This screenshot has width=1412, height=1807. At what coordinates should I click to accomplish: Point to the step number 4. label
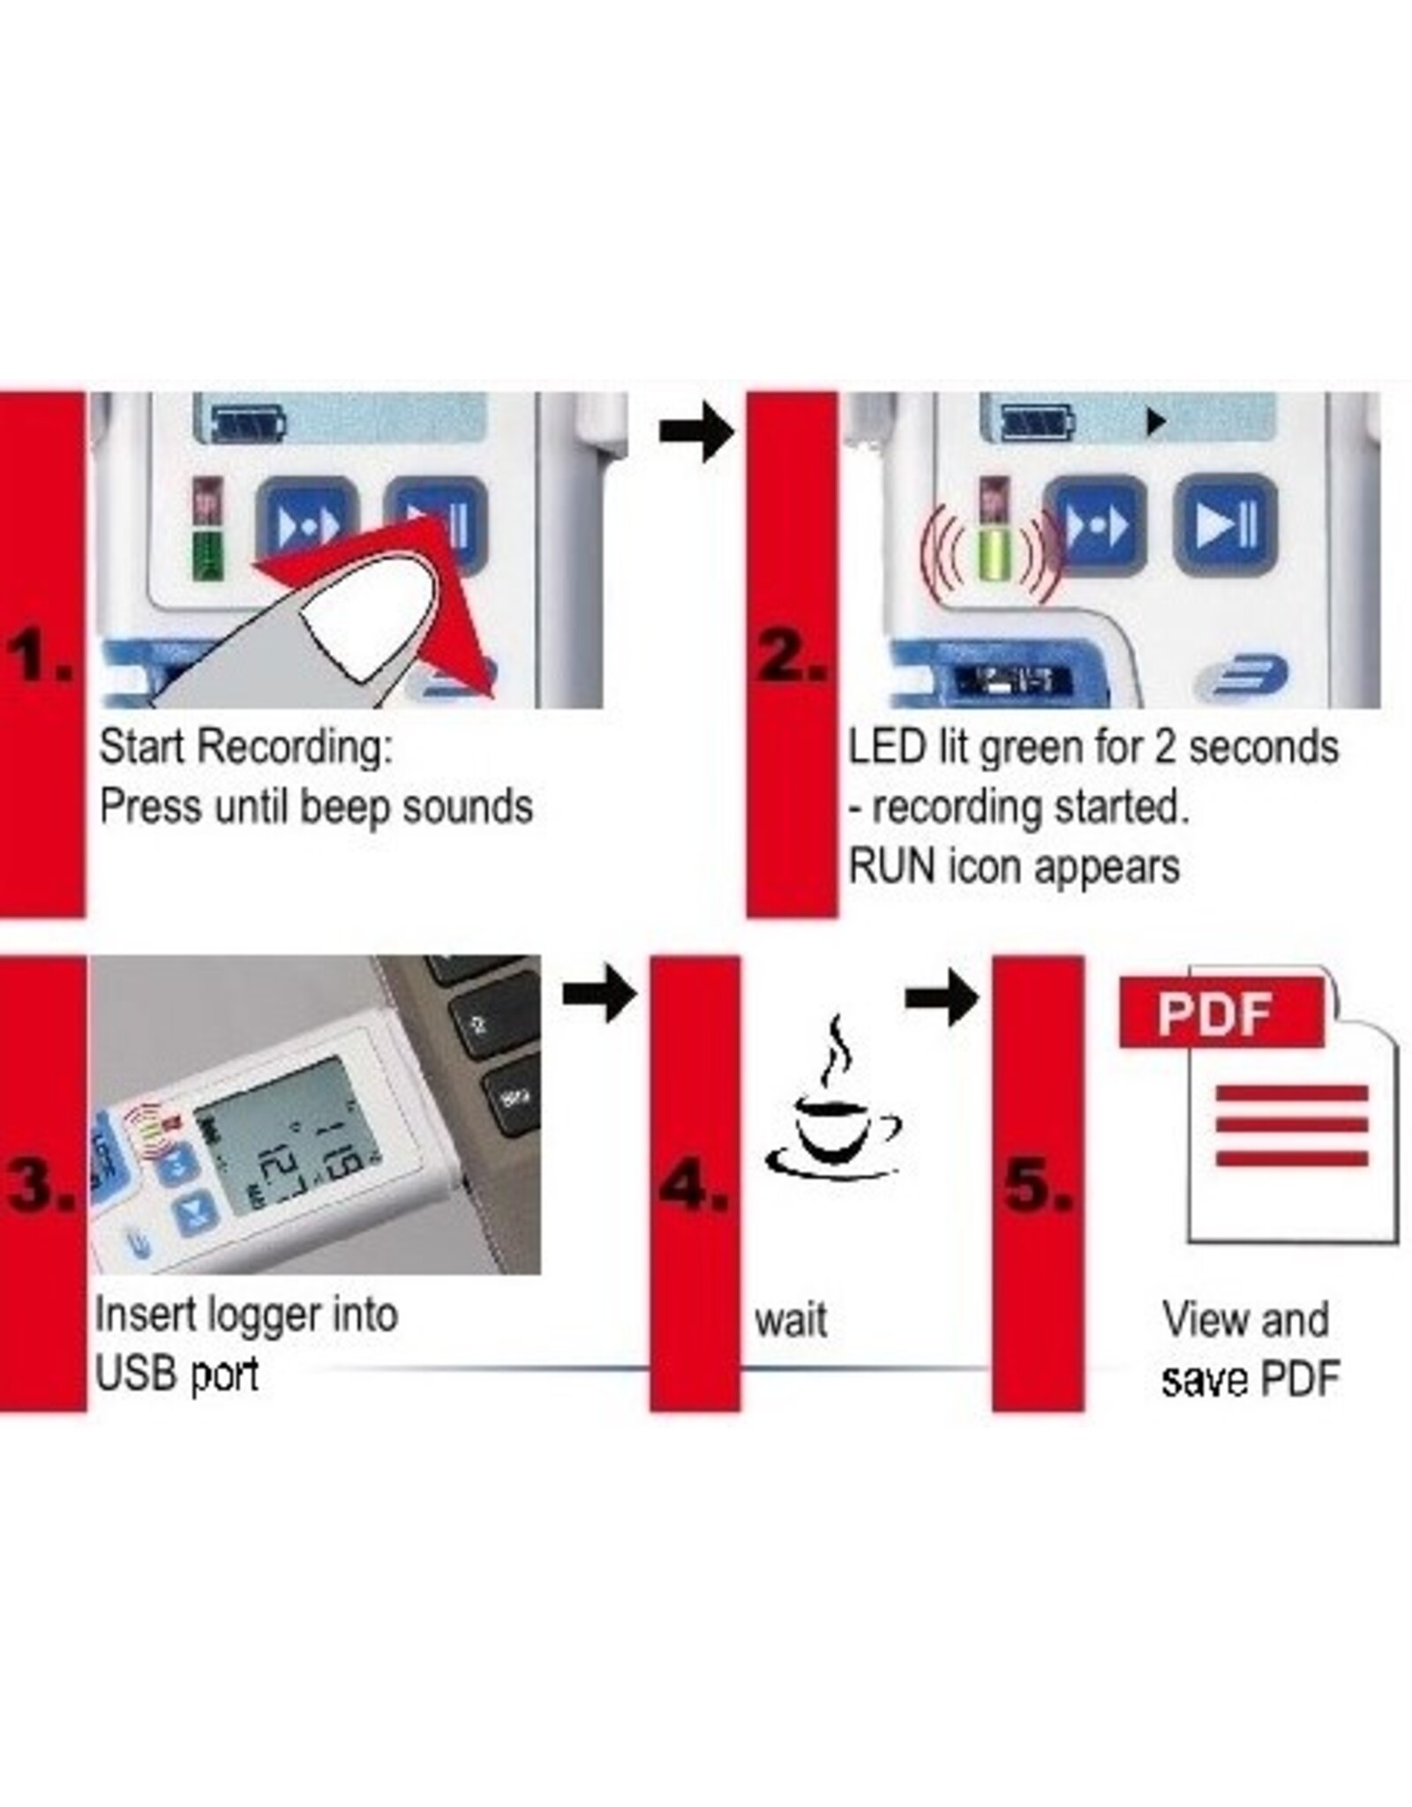(x=695, y=1185)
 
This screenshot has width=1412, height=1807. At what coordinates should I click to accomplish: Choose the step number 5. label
(x=1038, y=1185)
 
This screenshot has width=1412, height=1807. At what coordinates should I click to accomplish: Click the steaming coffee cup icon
(x=831, y=1107)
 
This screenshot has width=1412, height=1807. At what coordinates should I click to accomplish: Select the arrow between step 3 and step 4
(x=599, y=994)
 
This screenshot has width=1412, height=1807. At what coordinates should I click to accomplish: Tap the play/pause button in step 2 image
(x=1226, y=526)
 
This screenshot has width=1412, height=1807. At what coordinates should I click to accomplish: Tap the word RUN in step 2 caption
(x=891, y=866)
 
